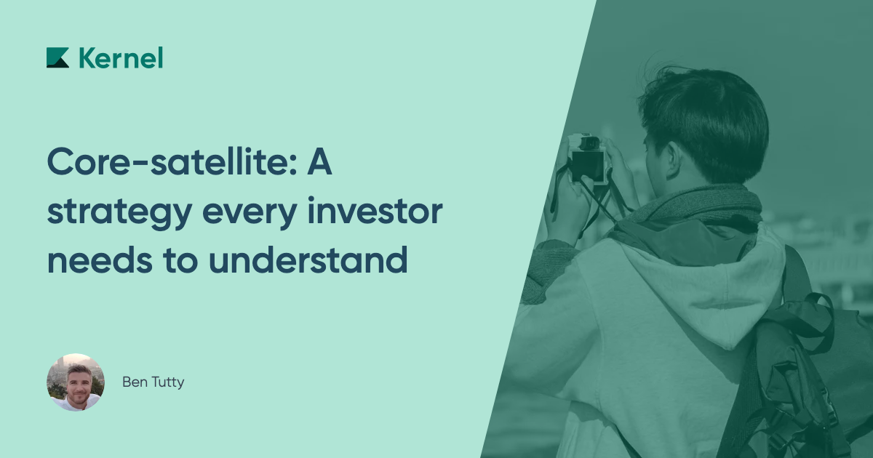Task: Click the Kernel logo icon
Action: [57, 57]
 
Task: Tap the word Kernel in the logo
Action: [121, 57]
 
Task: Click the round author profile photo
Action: [76, 382]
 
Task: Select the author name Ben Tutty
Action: [153, 382]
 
